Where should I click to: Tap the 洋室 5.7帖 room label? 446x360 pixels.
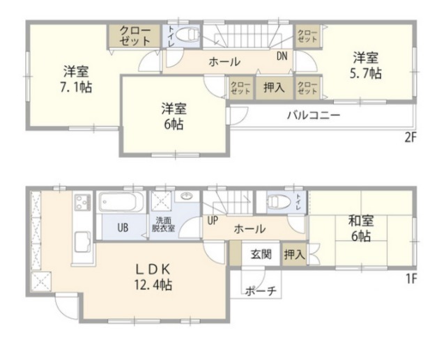(x=365, y=64)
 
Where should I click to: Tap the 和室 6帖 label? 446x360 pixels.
(x=362, y=229)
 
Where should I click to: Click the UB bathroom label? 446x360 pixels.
(x=122, y=227)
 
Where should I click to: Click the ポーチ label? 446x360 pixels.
(x=262, y=291)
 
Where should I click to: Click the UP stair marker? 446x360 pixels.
(x=214, y=221)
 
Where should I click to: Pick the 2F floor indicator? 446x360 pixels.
(x=410, y=136)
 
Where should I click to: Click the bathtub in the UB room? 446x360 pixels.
(x=122, y=203)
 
